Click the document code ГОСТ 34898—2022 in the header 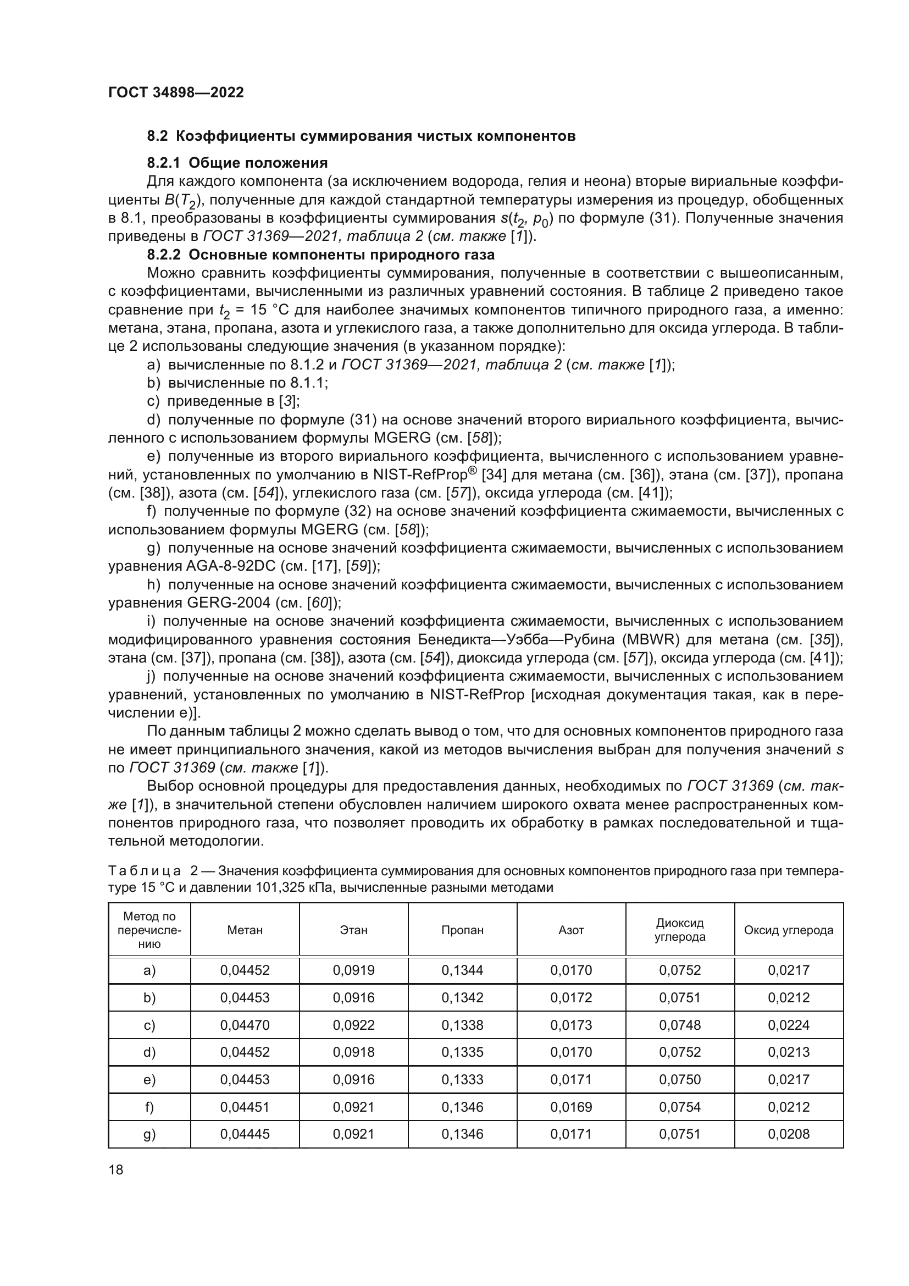176,92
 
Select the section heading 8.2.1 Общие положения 237,163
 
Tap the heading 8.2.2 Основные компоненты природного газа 321,255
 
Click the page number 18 116,1169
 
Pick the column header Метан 245,930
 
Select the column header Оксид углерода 788,930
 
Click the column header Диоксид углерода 679,930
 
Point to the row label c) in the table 149,1025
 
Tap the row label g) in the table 149,1134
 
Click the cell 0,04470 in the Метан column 245,1025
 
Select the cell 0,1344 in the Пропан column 462,970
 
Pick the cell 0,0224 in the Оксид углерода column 788,1025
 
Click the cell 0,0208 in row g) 788,1134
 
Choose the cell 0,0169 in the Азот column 571,1107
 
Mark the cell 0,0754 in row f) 679,1107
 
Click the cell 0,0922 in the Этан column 354,1025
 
